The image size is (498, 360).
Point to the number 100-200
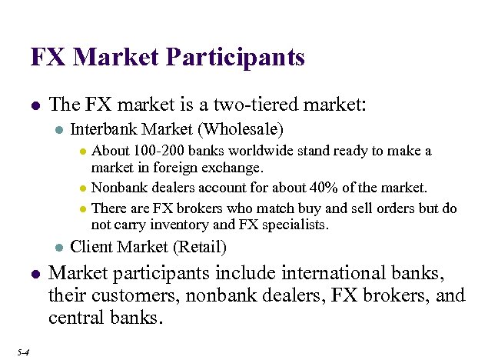coord(155,151)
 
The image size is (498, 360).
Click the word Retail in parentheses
coord(200,247)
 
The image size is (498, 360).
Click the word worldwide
coord(252,151)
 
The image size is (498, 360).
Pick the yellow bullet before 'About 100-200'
coord(83,152)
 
